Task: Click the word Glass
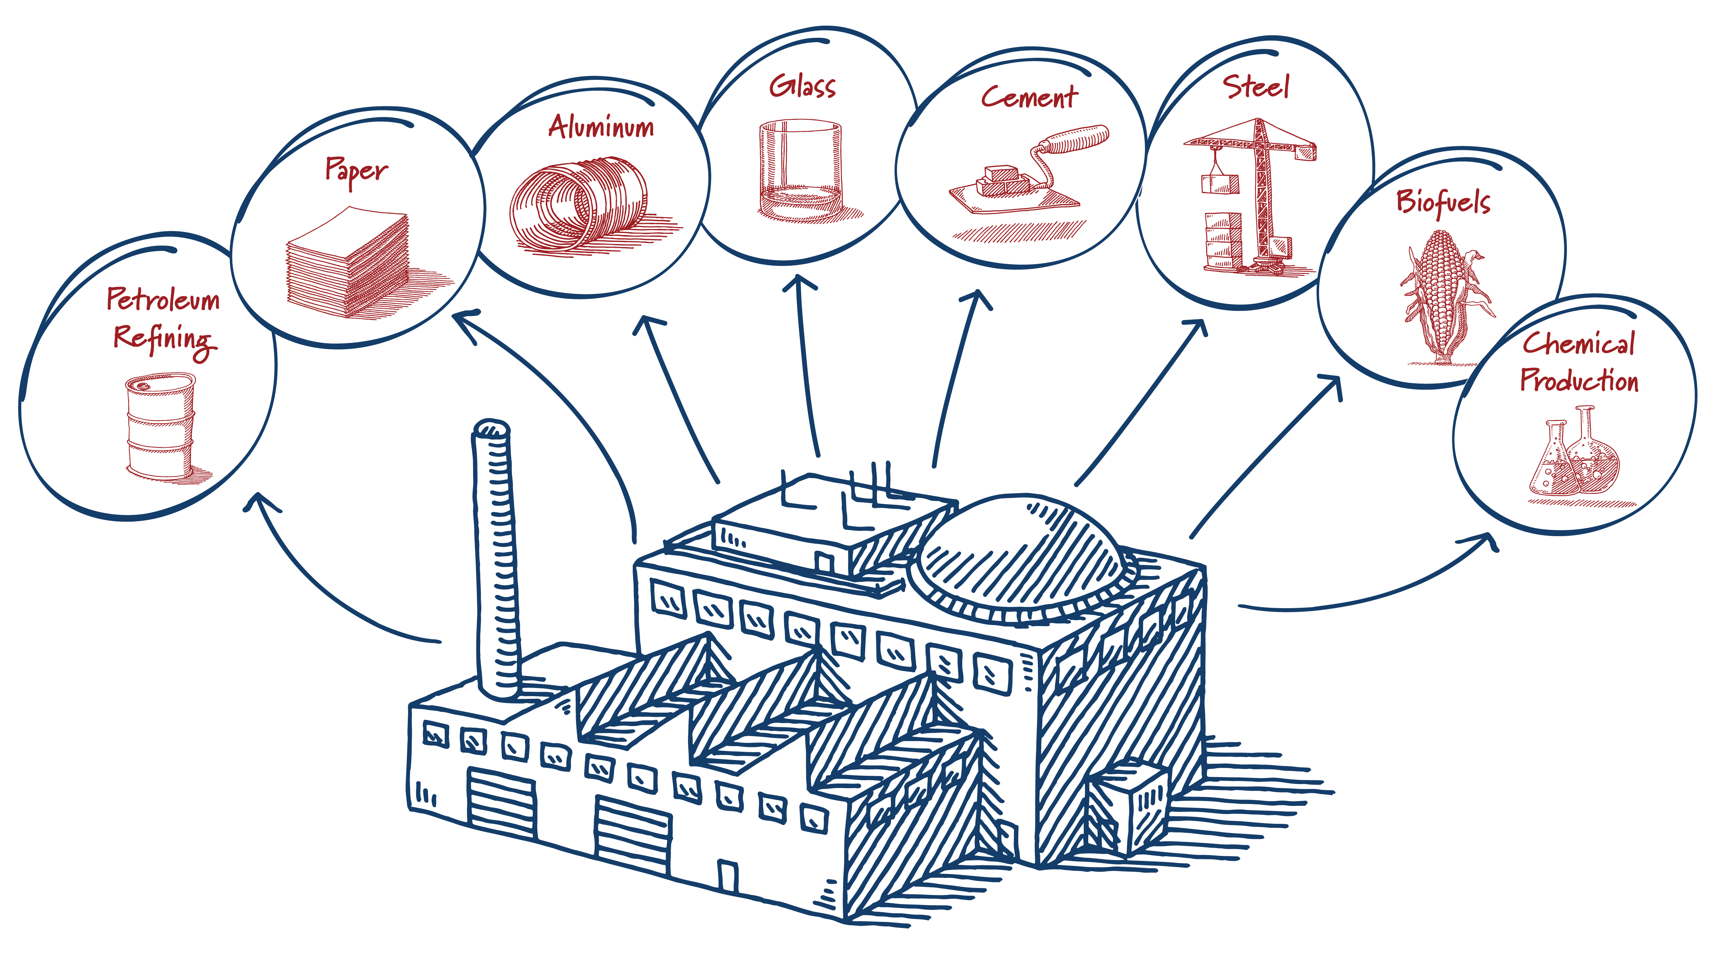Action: (x=802, y=87)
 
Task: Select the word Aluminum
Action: (x=601, y=127)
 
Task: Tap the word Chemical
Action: (x=1578, y=344)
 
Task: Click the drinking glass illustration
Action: (x=800, y=170)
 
